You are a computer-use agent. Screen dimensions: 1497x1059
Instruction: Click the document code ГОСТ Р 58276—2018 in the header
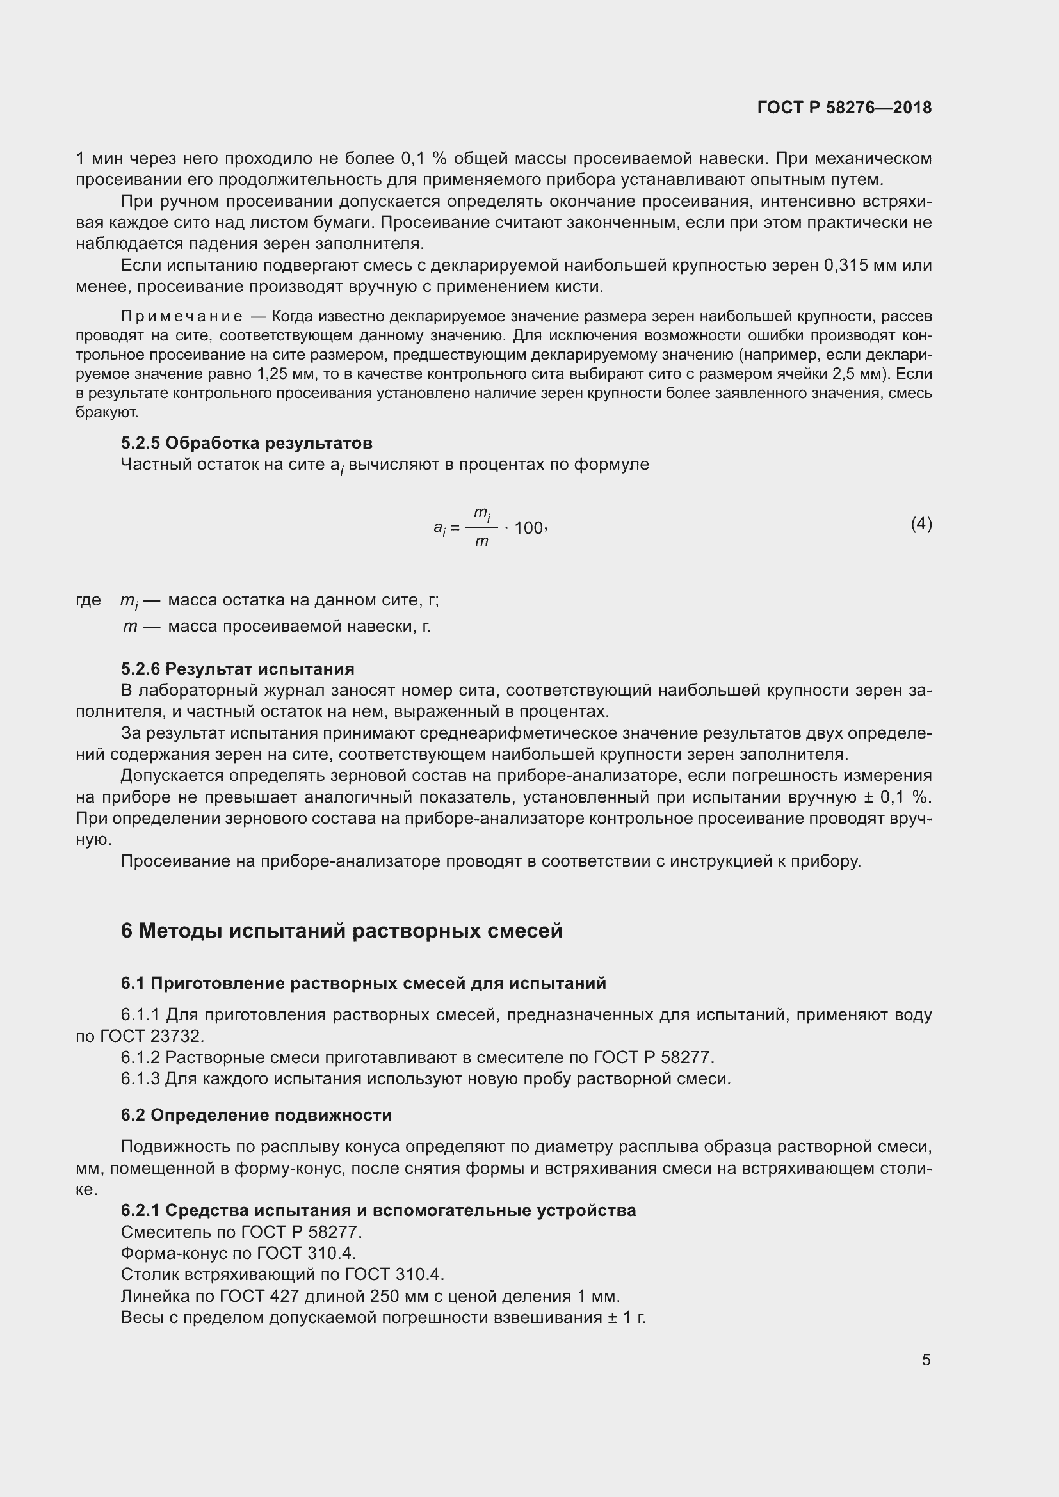844,108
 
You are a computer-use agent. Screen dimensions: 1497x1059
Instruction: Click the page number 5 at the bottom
926,1359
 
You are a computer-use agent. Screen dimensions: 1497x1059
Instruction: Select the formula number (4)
921,524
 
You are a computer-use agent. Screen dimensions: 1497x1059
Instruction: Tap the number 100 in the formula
528,528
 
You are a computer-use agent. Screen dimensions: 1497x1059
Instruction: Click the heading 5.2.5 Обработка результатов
247,443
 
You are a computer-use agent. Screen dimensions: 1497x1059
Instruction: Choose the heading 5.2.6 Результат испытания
238,668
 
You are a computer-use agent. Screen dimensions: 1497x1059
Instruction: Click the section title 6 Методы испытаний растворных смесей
341,931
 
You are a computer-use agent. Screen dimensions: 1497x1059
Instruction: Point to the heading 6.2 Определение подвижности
255,1114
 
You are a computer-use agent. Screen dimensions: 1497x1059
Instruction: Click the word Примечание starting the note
182,317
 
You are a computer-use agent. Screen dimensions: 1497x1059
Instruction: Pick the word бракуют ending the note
106,413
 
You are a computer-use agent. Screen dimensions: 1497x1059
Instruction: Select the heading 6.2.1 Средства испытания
378,1210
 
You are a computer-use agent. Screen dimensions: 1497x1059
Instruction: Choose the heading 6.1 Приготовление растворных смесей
363,983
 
